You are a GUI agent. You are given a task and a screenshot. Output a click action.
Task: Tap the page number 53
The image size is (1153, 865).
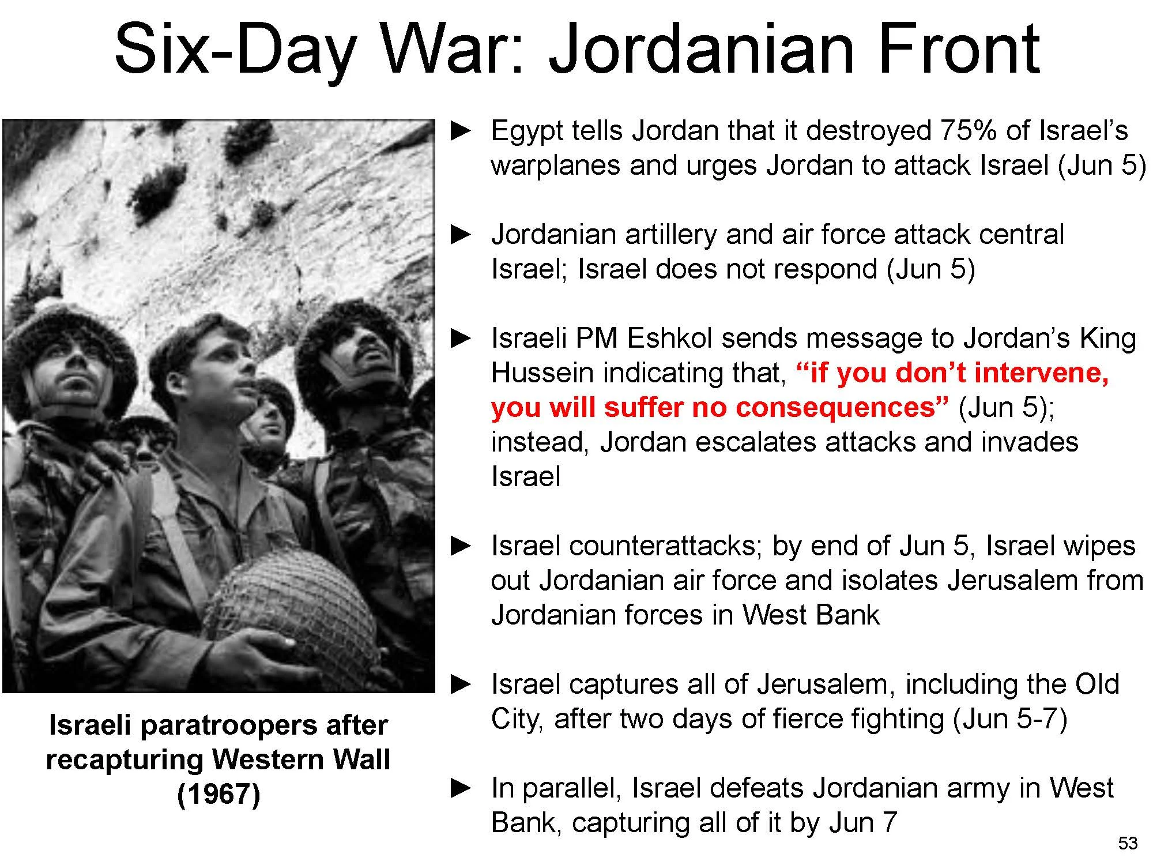coord(1128,843)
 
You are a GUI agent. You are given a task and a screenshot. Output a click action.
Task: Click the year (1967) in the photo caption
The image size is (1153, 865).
coord(218,794)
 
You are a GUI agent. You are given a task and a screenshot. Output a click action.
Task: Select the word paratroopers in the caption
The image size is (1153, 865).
coord(228,725)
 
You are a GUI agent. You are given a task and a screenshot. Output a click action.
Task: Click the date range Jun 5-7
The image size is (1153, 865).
coord(1009,719)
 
